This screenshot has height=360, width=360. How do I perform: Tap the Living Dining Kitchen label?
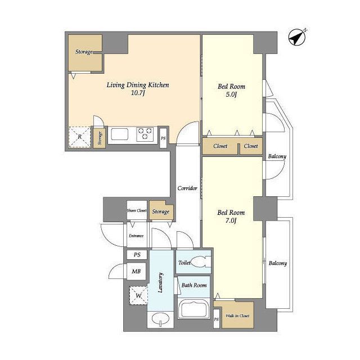(x=138, y=85)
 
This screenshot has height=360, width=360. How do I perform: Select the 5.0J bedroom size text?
(x=231, y=94)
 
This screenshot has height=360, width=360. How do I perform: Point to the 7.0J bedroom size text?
(x=231, y=220)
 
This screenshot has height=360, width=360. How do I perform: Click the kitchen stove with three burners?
(x=145, y=134)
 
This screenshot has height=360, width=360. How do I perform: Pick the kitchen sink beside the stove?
(x=119, y=134)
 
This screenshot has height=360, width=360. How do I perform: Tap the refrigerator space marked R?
(x=80, y=137)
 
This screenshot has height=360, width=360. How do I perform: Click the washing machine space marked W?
(x=138, y=295)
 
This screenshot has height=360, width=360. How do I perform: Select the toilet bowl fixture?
(x=200, y=262)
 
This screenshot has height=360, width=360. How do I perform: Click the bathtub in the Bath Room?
(x=193, y=309)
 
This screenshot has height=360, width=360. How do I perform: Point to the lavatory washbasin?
(x=160, y=318)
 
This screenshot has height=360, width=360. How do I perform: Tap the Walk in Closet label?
(x=237, y=316)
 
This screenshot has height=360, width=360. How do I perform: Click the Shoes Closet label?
(x=137, y=210)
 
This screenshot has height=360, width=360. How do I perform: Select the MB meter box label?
(x=136, y=271)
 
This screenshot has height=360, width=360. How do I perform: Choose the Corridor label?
(x=187, y=188)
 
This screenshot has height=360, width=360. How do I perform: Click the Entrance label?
(x=136, y=236)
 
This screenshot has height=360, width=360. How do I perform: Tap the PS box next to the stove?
(x=163, y=138)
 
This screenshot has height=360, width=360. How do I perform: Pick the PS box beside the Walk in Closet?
(x=216, y=319)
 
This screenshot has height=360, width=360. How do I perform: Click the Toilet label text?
(x=184, y=263)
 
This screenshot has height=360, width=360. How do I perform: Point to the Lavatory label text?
(x=160, y=282)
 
